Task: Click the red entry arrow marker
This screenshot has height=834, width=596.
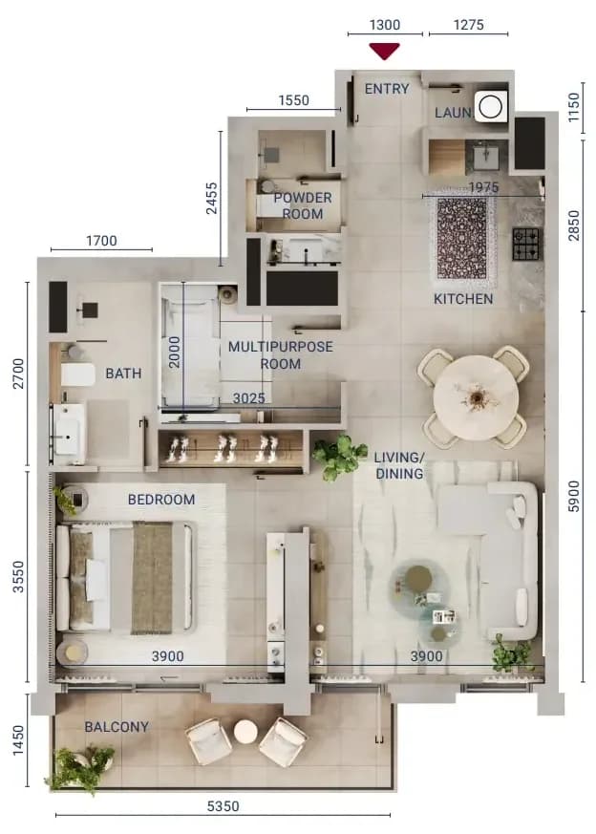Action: pyautogui.click(x=384, y=51)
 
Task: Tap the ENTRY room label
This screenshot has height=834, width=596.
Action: pyautogui.click(x=387, y=89)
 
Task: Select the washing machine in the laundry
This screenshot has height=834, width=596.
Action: pyautogui.click(x=490, y=106)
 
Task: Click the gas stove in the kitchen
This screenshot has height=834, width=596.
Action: pyautogui.click(x=526, y=244)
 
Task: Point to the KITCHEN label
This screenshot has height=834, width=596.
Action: pyautogui.click(x=463, y=299)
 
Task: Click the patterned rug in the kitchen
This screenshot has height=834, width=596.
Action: pyautogui.click(x=462, y=238)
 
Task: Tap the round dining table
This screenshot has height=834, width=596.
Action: pyautogui.click(x=476, y=397)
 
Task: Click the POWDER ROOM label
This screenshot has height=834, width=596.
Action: pyautogui.click(x=303, y=205)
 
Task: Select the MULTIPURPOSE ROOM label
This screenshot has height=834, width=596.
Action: pyautogui.click(x=280, y=354)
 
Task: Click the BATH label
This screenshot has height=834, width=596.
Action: pyautogui.click(x=123, y=374)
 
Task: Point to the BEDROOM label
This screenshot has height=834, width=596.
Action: pyautogui.click(x=161, y=500)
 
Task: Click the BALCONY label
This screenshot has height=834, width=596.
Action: pyautogui.click(x=117, y=727)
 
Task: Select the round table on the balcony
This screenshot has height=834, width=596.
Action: pyautogui.click(x=245, y=733)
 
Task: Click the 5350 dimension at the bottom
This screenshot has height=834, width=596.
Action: pyautogui.click(x=223, y=806)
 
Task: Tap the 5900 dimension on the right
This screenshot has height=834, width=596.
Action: pyautogui.click(x=574, y=496)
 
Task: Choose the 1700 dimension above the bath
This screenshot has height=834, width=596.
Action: pyautogui.click(x=101, y=241)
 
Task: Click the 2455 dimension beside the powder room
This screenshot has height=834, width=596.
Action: pyautogui.click(x=212, y=199)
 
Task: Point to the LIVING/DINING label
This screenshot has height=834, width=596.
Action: pyautogui.click(x=399, y=465)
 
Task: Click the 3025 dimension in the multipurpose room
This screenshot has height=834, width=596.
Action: pyautogui.click(x=249, y=398)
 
